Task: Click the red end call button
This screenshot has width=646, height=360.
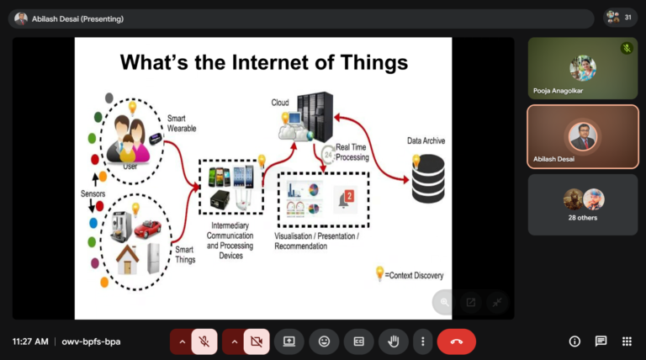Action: coord(457,341)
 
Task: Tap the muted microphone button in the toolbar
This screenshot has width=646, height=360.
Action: coord(204,341)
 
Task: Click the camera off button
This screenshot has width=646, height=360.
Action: coord(257,341)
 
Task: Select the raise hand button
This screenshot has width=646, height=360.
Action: coord(394,341)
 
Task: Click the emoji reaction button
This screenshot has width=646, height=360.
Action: coord(324,341)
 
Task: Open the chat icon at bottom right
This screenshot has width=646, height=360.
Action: coord(601,341)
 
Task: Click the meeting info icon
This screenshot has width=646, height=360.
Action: coord(575,341)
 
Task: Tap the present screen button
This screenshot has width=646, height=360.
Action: coord(289,341)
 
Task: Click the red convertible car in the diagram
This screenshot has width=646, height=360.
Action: coord(147,229)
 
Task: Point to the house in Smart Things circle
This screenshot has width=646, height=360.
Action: coord(127,260)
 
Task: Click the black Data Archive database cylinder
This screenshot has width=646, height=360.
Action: coord(428,179)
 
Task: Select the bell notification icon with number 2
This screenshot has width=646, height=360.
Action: coord(346,199)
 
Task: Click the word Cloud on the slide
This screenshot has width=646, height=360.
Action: coord(280,103)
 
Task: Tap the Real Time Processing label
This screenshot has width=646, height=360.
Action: coord(352,152)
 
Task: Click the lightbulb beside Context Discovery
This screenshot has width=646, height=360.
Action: coord(379,273)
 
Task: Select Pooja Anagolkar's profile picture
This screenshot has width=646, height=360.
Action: coord(583,68)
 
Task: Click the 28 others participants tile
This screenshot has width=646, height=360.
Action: coord(583,204)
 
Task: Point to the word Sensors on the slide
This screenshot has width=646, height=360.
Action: coord(93,193)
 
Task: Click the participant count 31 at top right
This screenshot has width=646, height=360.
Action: coord(627,18)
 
